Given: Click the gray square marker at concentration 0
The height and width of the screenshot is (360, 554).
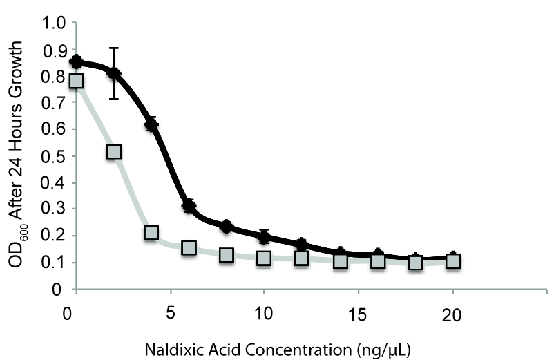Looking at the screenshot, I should click(x=77, y=81).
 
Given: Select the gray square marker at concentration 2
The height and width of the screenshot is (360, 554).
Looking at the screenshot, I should click(x=114, y=151).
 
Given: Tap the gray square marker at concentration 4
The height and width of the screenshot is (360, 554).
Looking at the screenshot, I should click(x=151, y=232).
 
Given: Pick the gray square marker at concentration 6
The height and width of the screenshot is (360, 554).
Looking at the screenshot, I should click(x=189, y=247).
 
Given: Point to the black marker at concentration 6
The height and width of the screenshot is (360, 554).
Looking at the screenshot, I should click(x=189, y=206).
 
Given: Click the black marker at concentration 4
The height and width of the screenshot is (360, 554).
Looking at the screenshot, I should click(x=151, y=124).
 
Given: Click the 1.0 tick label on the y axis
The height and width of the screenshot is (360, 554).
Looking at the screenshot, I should click(x=55, y=23).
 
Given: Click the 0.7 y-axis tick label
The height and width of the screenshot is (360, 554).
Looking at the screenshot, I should click(x=55, y=103).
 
